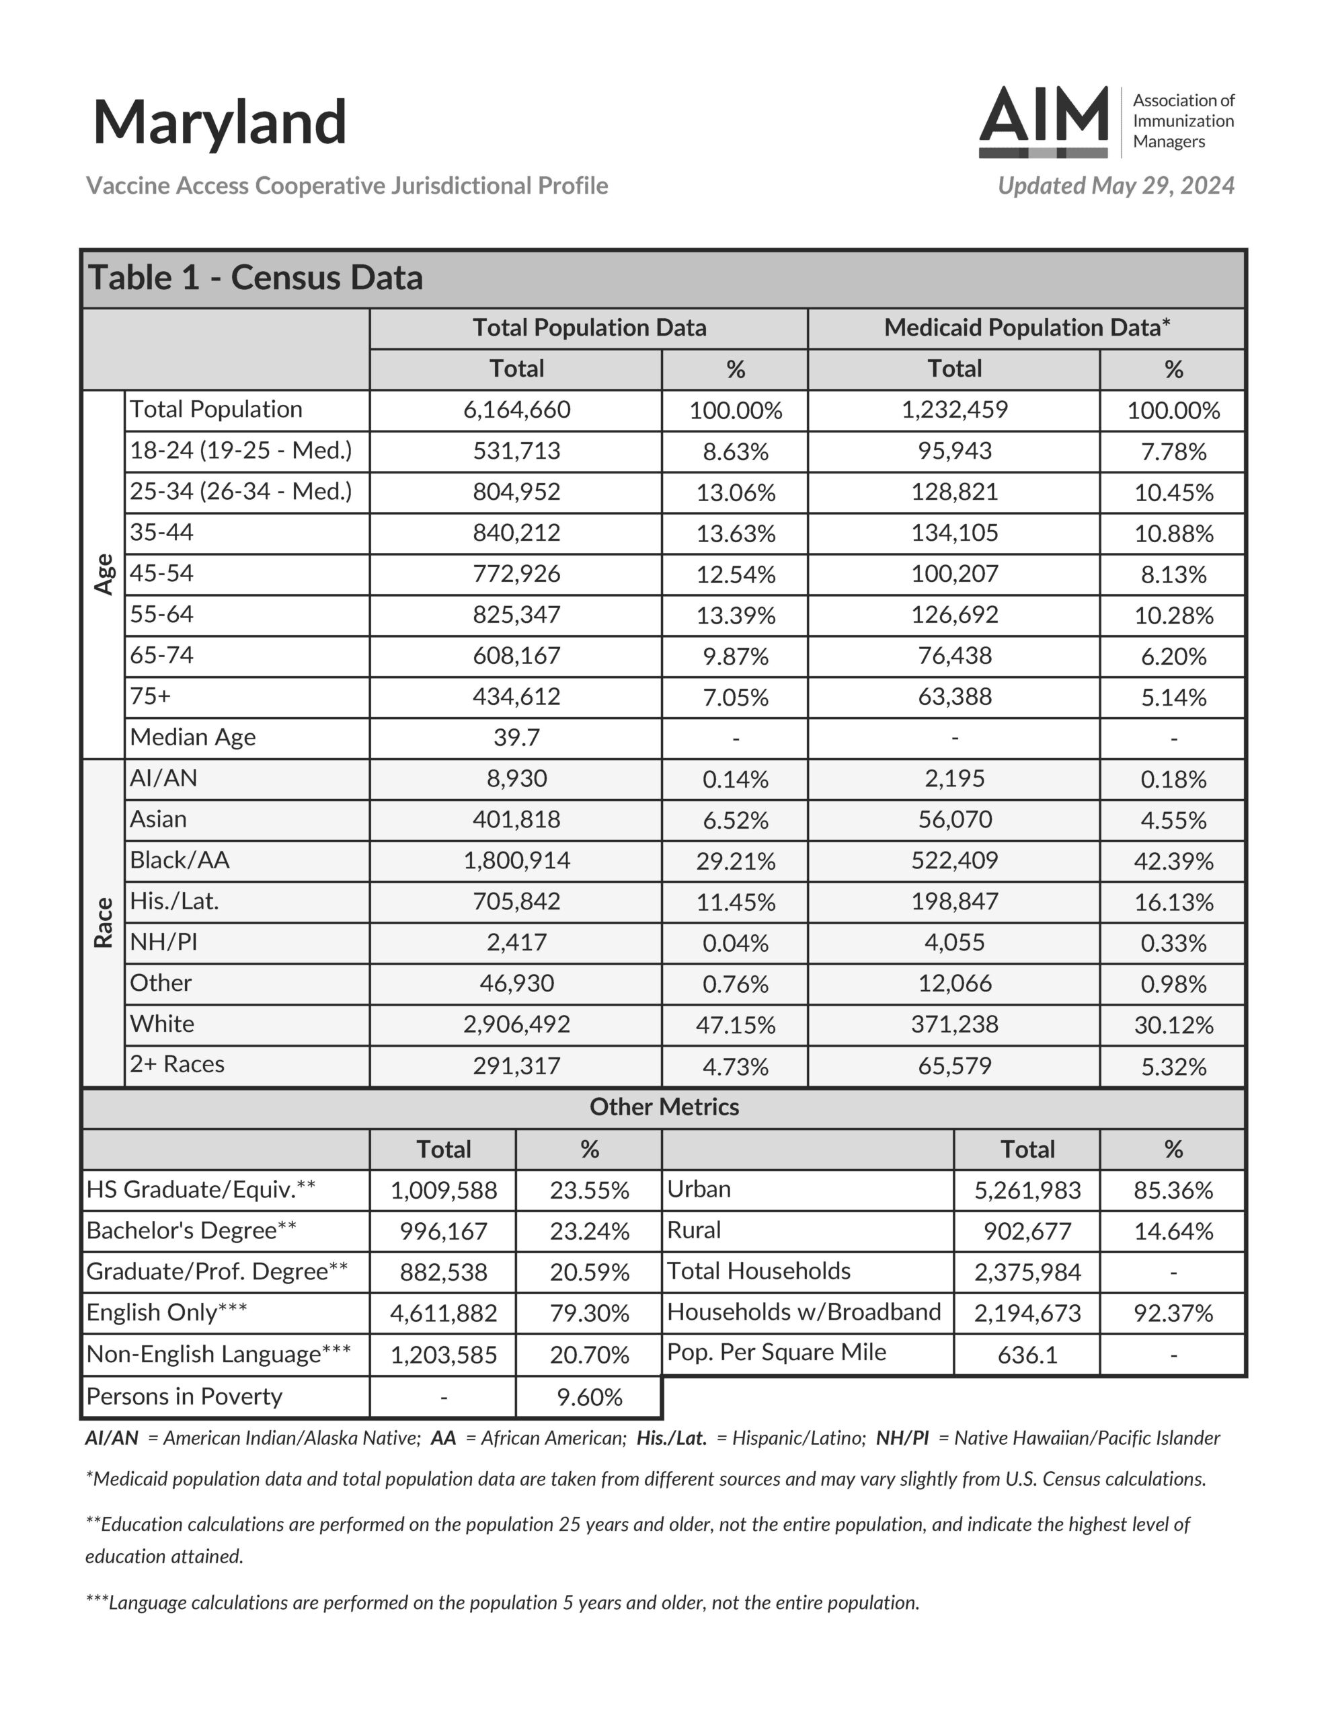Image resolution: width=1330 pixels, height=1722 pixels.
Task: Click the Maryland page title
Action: pyautogui.click(x=219, y=123)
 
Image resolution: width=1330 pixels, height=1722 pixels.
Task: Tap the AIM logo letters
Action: pyautogui.click(x=1043, y=116)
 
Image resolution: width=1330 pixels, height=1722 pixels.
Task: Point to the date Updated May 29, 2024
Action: pyautogui.click(x=1116, y=186)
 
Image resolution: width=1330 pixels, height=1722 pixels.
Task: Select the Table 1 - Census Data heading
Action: pyautogui.click(x=256, y=278)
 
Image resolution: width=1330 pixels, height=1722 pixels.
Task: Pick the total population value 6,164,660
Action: pyautogui.click(x=516, y=410)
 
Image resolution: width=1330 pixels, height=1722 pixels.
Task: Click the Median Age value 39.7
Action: pyautogui.click(x=516, y=738)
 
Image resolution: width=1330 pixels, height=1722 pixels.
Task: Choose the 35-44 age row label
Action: pyautogui.click(x=161, y=533)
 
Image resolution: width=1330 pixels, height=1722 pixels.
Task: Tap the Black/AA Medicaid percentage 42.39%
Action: pyautogui.click(x=1173, y=861)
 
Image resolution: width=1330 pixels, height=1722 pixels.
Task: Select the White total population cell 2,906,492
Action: pyautogui.click(x=516, y=1025)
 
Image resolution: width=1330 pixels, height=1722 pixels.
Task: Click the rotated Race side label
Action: pyautogui.click(x=104, y=922)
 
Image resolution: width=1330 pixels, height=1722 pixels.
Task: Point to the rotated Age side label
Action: pyautogui.click(x=104, y=574)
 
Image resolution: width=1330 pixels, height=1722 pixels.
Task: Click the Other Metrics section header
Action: pyautogui.click(x=664, y=1108)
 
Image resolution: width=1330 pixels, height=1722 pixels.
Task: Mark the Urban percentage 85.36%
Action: pyautogui.click(x=1173, y=1191)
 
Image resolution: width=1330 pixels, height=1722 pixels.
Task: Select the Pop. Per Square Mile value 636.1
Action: pyautogui.click(x=1027, y=1355)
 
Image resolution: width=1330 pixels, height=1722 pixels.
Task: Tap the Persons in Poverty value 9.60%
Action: pyautogui.click(x=589, y=1397)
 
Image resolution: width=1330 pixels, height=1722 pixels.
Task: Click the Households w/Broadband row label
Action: pyautogui.click(x=804, y=1312)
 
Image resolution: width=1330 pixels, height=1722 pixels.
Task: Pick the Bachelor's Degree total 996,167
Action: pyautogui.click(x=443, y=1232)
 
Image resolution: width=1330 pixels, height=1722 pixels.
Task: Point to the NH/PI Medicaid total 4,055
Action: pyautogui.click(x=954, y=943)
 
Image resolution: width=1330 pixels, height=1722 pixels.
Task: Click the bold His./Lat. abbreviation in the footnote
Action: pyautogui.click(x=671, y=1438)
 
